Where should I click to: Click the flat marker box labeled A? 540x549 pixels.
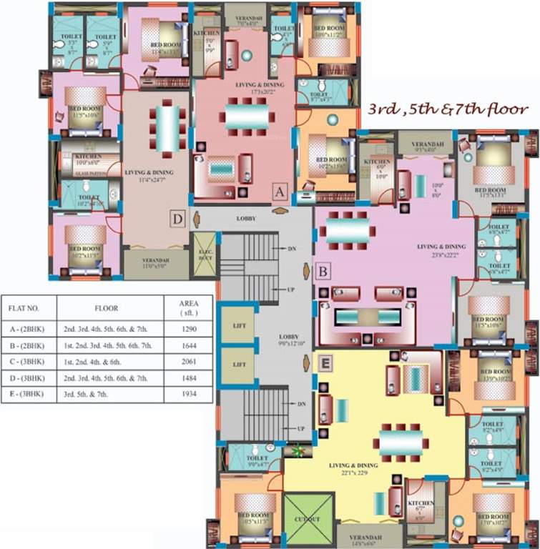click(280, 192)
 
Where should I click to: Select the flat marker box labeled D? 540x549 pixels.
click(178, 218)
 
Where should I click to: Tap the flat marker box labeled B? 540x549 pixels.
click(323, 271)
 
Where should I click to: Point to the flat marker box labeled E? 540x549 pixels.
click(325, 364)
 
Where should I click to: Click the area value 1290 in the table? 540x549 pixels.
click(188, 330)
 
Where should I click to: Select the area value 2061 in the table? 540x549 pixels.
click(188, 361)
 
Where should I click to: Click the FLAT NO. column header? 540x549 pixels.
click(28, 310)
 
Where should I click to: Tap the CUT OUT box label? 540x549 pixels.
click(309, 520)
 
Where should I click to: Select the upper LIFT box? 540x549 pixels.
click(238, 326)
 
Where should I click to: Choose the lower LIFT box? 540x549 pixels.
click(238, 365)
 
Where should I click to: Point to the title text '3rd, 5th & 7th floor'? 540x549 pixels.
click(448, 110)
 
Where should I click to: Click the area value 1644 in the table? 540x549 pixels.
click(188, 345)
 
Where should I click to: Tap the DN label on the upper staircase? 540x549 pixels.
click(291, 249)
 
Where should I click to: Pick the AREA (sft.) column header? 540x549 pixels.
click(188, 308)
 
